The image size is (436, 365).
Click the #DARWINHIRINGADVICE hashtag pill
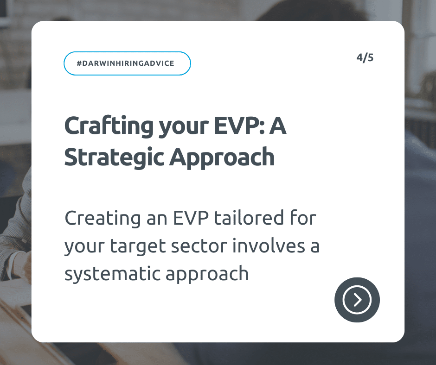(x=127, y=63)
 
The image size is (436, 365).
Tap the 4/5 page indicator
(x=365, y=58)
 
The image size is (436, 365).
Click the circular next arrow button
(x=357, y=300)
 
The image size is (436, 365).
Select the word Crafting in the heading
(x=109, y=126)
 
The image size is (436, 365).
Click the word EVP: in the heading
(x=239, y=126)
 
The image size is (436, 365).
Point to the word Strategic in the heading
(x=114, y=158)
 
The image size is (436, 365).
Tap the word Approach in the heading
(x=222, y=158)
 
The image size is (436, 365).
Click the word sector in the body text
(x=199, y=246)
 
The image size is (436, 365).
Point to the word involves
(x=269, y=246)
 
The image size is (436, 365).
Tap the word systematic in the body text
(x=112, y=274)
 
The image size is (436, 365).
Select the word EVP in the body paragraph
(x=191, y=218)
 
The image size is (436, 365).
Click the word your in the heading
(x=184, y=127)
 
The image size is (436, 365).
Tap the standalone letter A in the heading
(x=278, y=126)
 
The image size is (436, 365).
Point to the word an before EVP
(x=157, y=220)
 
